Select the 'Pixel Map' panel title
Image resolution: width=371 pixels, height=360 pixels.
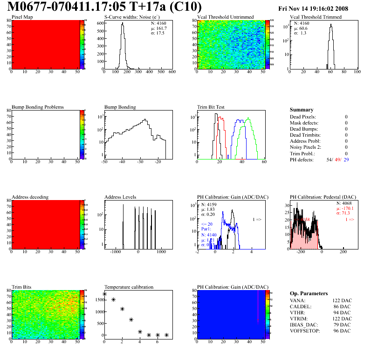[21, 17]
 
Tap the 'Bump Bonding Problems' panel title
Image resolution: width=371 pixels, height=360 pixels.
[37, 107]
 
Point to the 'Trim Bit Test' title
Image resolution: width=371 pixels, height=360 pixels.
[211, 107]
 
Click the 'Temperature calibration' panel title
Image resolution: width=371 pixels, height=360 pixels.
[129, 287]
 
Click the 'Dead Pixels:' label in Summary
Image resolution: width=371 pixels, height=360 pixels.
[303, 117]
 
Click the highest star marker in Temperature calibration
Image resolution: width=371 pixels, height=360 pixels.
[104, 294]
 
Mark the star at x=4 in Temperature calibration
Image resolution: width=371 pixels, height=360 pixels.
[140, 332]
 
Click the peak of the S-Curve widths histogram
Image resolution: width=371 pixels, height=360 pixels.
[123, 24]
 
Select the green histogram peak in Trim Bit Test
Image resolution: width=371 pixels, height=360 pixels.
[248, 119]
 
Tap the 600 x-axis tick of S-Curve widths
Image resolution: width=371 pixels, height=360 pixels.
[172, 72]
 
